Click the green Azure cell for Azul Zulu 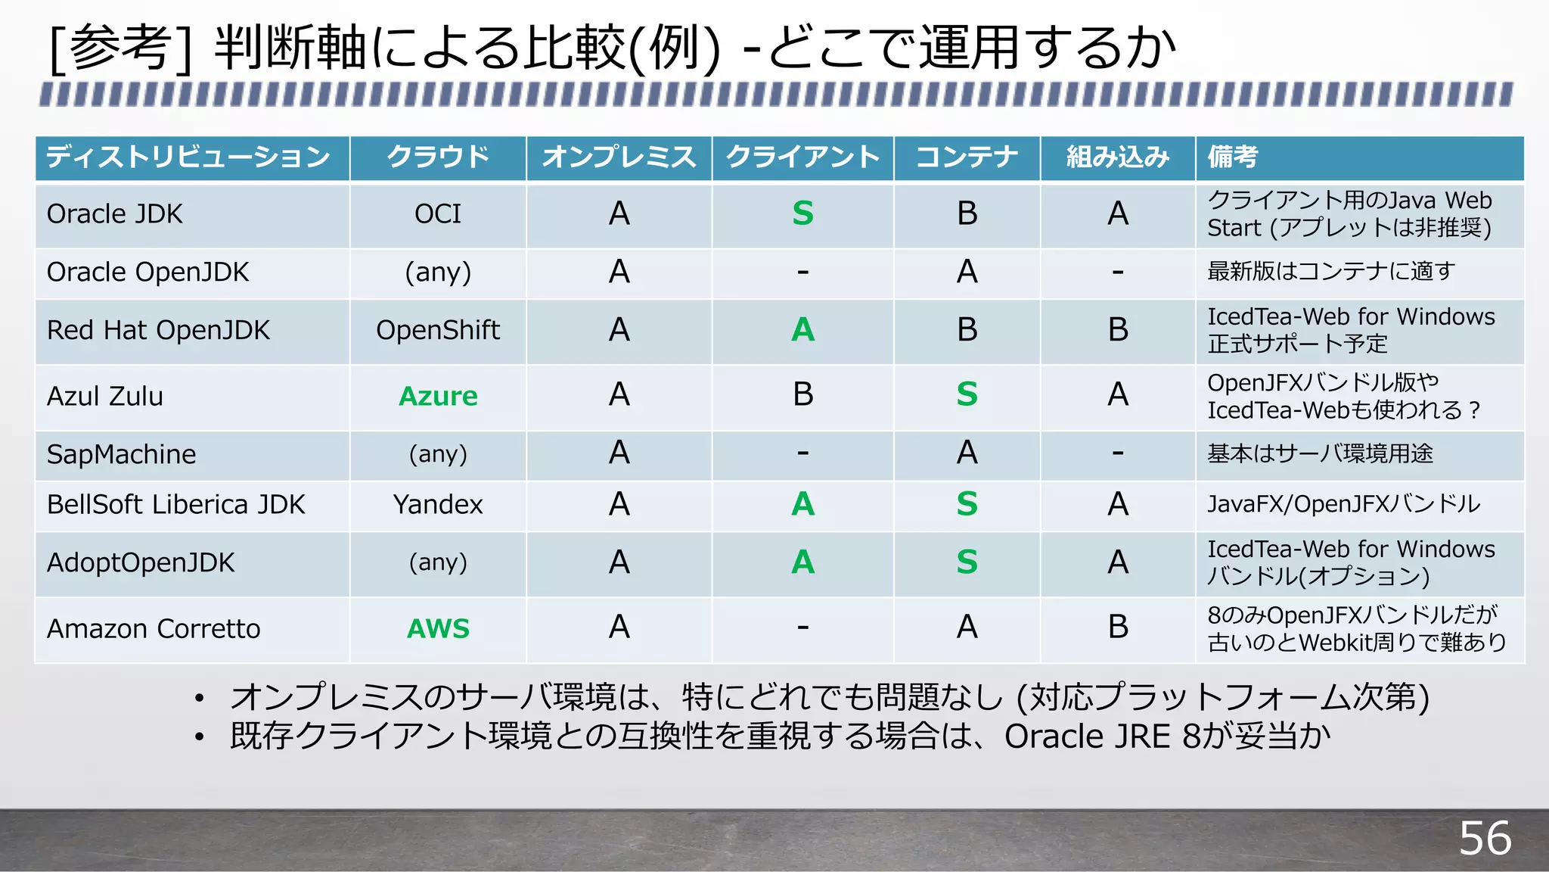tap(438, 396)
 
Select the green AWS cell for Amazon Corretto tap(438, 628)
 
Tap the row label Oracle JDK tap(115, 214)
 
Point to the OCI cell tap(438, 214)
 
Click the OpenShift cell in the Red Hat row tap(438, 330)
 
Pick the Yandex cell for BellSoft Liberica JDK tap(438, 504)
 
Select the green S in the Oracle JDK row tap(802, 213)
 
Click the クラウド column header tap(438, 157)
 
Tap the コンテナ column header tap(967, 157)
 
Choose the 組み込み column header tap(1118, 157)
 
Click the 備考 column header tap(1233, 157)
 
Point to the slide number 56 tap(1485, 838)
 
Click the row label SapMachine tap(121, 454)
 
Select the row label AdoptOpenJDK tap(141, 562)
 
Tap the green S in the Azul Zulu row tap(967, 394)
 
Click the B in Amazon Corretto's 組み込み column tap(1118, 627)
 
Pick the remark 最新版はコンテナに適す tap(1331, 271)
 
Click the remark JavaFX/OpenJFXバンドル tap(1343, 504)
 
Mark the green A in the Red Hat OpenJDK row tap(802, 329)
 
